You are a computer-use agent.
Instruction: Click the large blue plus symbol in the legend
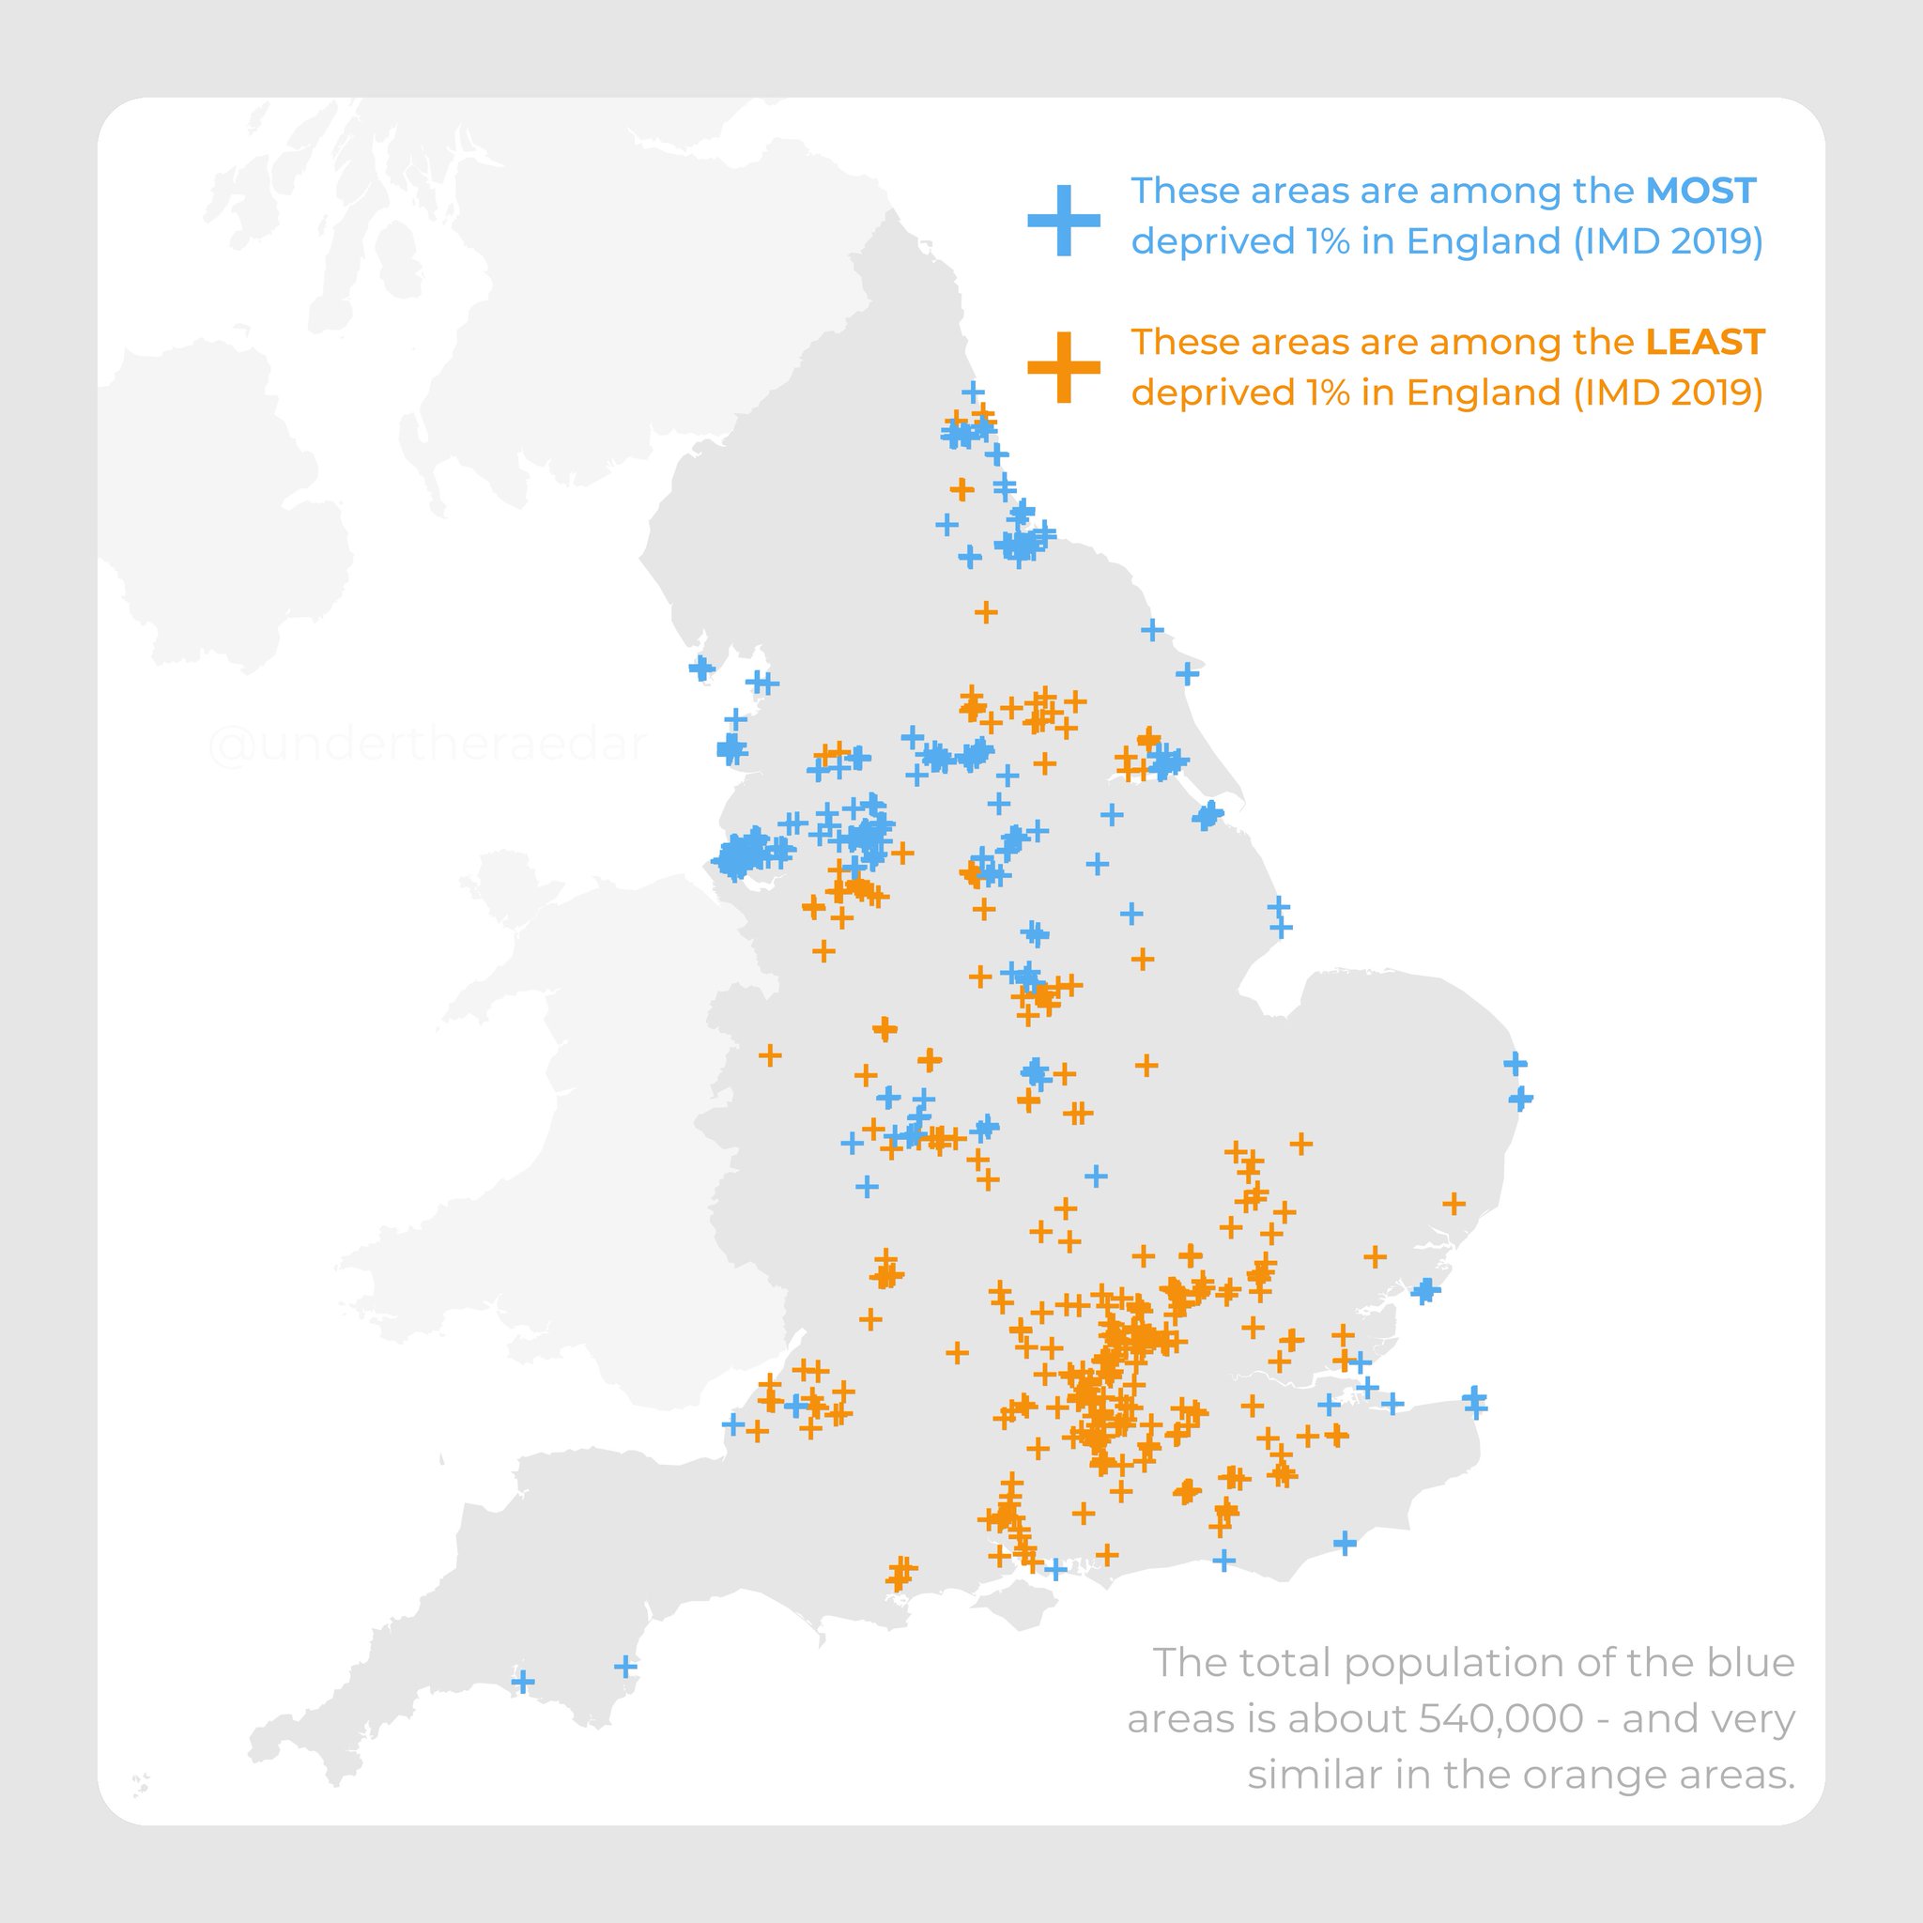point(1063,220)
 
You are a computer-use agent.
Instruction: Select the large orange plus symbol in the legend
point(1063,367)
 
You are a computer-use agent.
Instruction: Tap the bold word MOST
point(1700,192)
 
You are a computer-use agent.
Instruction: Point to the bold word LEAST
point(1704,343)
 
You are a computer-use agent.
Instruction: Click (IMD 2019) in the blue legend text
point(1669,242)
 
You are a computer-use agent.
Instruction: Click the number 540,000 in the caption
point(1501,1719)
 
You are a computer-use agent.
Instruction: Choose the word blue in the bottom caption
point(1751,1663)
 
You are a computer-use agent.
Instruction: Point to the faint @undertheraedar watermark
point(428,746)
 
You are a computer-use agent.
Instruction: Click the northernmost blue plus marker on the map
point(973,392)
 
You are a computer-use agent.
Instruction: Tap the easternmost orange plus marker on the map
point(1454,1205)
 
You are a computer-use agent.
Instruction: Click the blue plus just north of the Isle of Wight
point(1055,1570)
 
